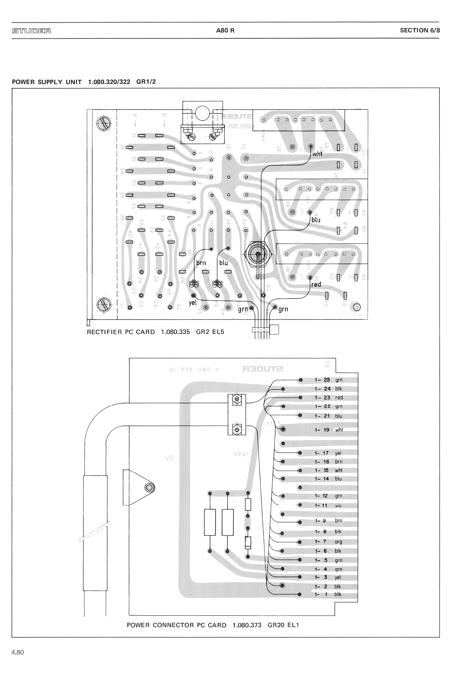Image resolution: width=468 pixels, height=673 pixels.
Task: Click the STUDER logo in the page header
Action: tap(31, 30)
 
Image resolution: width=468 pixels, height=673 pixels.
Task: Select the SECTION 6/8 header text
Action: tap(420, 30)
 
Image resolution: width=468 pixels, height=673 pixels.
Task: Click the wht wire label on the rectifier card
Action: tap(318, 154)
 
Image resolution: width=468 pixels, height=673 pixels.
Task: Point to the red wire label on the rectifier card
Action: tap(316, 284)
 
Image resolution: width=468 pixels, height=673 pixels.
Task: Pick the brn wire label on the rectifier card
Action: tap(201, 263)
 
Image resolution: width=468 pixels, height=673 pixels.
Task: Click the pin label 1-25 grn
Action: tap(328, 380)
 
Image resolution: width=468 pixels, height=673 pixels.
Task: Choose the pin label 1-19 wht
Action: tap(328, 430)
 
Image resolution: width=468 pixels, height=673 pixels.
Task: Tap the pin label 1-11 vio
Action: tap(328, 505)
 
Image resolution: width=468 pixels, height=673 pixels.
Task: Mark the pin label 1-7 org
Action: tap(328, 542)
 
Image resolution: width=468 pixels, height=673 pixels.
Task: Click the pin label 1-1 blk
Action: tap(328, 594)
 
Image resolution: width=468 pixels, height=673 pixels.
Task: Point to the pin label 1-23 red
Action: tap(328, 398)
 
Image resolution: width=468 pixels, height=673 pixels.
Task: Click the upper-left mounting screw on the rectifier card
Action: tap(103, 122)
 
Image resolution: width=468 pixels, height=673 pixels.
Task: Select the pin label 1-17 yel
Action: tap(328, 453)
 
